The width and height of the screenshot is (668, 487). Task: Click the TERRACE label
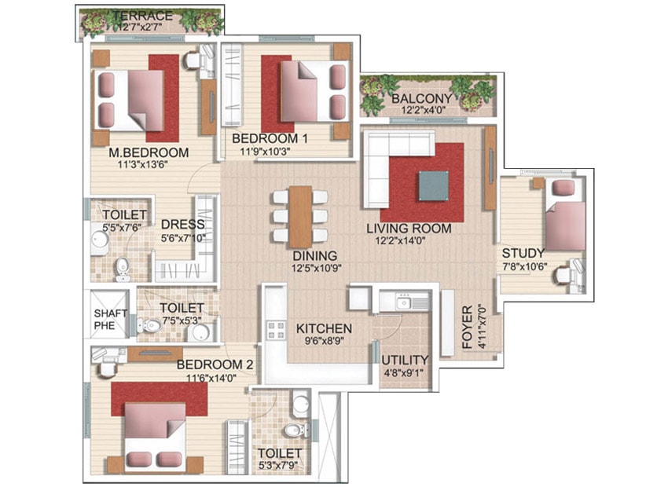click(143, 16)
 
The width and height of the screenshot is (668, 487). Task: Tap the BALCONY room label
click(421, 98)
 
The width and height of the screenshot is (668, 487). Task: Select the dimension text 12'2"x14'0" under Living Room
click(400, 240)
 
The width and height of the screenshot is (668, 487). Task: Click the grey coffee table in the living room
click(433, 185)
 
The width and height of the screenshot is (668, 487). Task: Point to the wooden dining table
click(301, 217)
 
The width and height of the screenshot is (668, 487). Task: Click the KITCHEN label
click(324, 328)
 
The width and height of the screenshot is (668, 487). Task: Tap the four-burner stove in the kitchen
click(276, 331)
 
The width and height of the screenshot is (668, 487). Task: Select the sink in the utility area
click(403, 303)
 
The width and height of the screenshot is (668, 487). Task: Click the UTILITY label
click(405, 360)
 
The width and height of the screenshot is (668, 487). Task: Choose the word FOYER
click(468, 327)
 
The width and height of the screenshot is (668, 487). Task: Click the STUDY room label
click(523, 253)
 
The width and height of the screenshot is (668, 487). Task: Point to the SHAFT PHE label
click(110, 319)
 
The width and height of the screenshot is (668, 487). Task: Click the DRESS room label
click(183, 225)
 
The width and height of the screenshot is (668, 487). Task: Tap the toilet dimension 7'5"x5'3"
click(182, 320)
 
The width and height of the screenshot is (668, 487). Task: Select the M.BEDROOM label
click(149, 152)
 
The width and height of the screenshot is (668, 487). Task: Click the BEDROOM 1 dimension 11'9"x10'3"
click(265, 151)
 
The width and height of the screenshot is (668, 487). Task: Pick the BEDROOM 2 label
click(215, 364)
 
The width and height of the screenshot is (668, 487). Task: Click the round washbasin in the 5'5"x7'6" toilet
click(100, 240)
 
